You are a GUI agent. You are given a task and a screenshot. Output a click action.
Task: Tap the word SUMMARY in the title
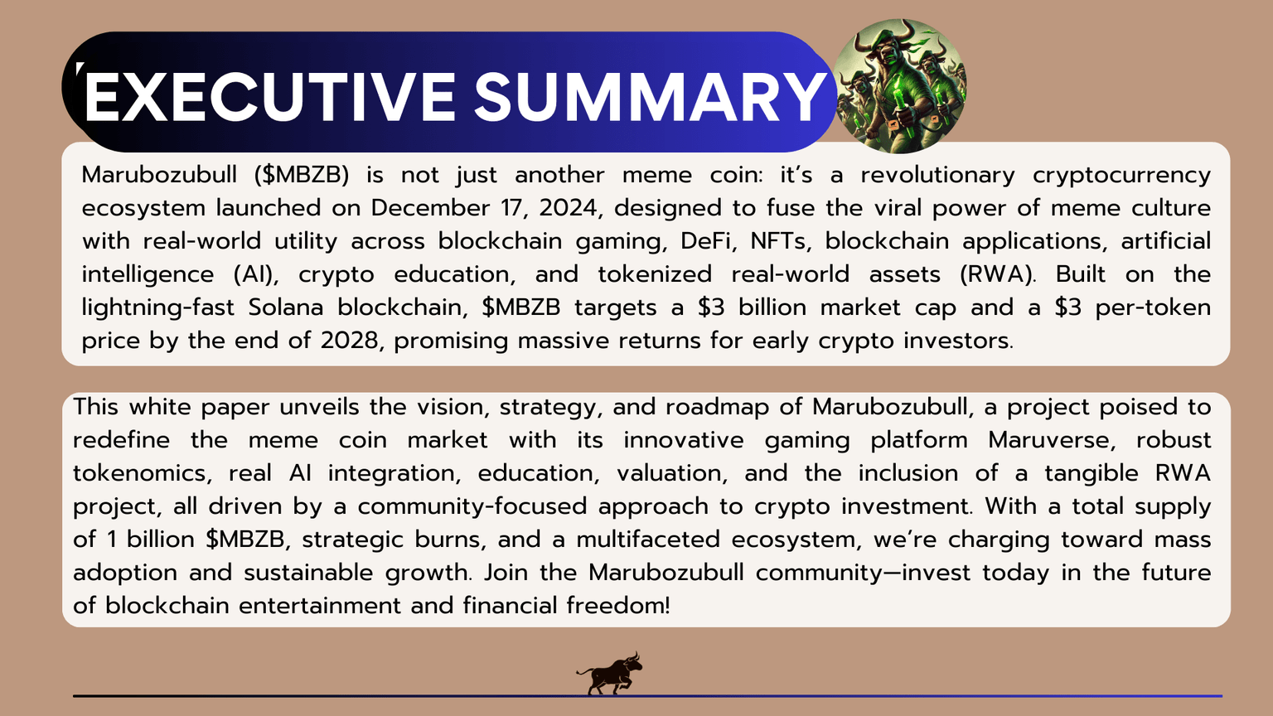[x=650, y=98]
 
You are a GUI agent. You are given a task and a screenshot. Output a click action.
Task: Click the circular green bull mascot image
[x=899, y=86]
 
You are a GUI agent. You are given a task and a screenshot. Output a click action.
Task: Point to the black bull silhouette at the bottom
[x=610, y=672]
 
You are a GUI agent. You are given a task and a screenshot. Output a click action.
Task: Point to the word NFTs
[x=778, y=241]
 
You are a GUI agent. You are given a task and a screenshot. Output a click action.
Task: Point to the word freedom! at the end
[x=617, y=606]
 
